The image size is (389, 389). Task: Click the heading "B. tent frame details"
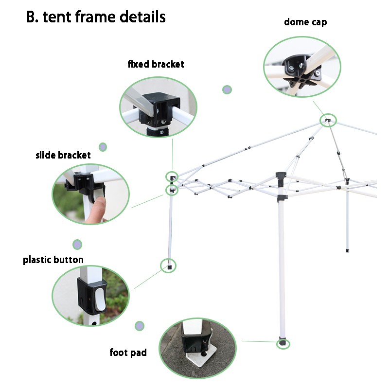tap(96, 17)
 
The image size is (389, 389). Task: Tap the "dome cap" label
tap(305, 22)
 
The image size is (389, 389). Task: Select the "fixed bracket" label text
tap(156, 64)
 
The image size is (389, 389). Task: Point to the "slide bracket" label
tap(63, 156)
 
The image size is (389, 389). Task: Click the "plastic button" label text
tap(53, 260)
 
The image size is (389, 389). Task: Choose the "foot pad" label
tap(128, 353)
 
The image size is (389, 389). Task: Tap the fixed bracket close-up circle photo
tap(158, 106)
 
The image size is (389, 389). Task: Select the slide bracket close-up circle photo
tap(91, 194)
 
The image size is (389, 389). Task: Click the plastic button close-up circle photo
tap(90, 295)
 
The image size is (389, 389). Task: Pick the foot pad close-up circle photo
tap(197, 348)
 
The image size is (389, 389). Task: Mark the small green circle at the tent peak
tap(328, 120)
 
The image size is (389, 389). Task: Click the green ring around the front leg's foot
tap(283, 344)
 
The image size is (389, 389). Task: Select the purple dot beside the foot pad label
tap(140, 325)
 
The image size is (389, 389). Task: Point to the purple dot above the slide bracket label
tap(103, 147)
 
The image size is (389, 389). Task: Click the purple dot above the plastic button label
tap(77, 244)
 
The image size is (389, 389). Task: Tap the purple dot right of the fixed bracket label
tap(227, 89)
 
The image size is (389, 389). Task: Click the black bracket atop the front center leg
tap(281, 176)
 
